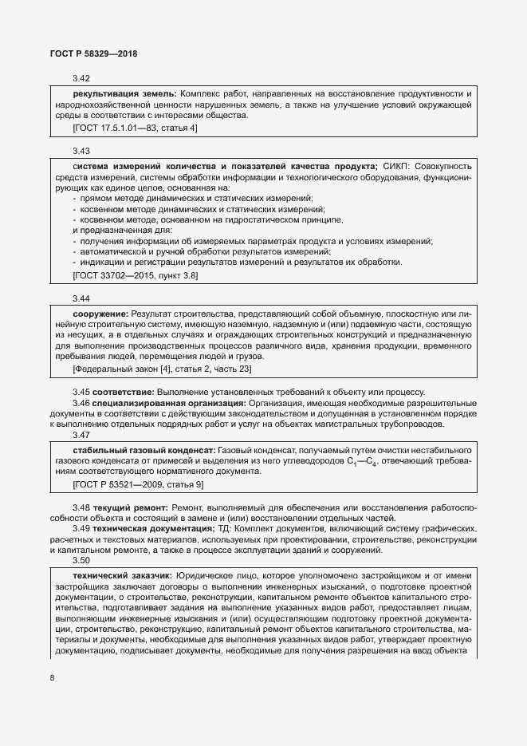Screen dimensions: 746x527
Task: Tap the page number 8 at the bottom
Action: coord(52,678)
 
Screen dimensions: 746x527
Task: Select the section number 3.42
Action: coord(81,79)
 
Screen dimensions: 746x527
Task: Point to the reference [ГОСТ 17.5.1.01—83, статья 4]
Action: coord(135,128)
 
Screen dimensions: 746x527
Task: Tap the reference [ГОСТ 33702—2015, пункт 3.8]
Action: coord(135,275)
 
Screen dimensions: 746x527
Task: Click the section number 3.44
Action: coord(81,298)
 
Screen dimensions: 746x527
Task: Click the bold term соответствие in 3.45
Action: coord(124,392)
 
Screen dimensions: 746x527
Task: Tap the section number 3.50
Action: coord(81,561)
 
